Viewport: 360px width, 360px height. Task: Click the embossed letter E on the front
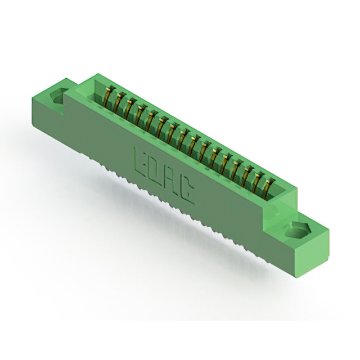pyautogui.click(x=139, y=161)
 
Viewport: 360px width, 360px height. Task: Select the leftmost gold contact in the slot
pyautogui.click(x=109, y=96)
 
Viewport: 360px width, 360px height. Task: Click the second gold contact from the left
pyautogui.click(x=119, y=102)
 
